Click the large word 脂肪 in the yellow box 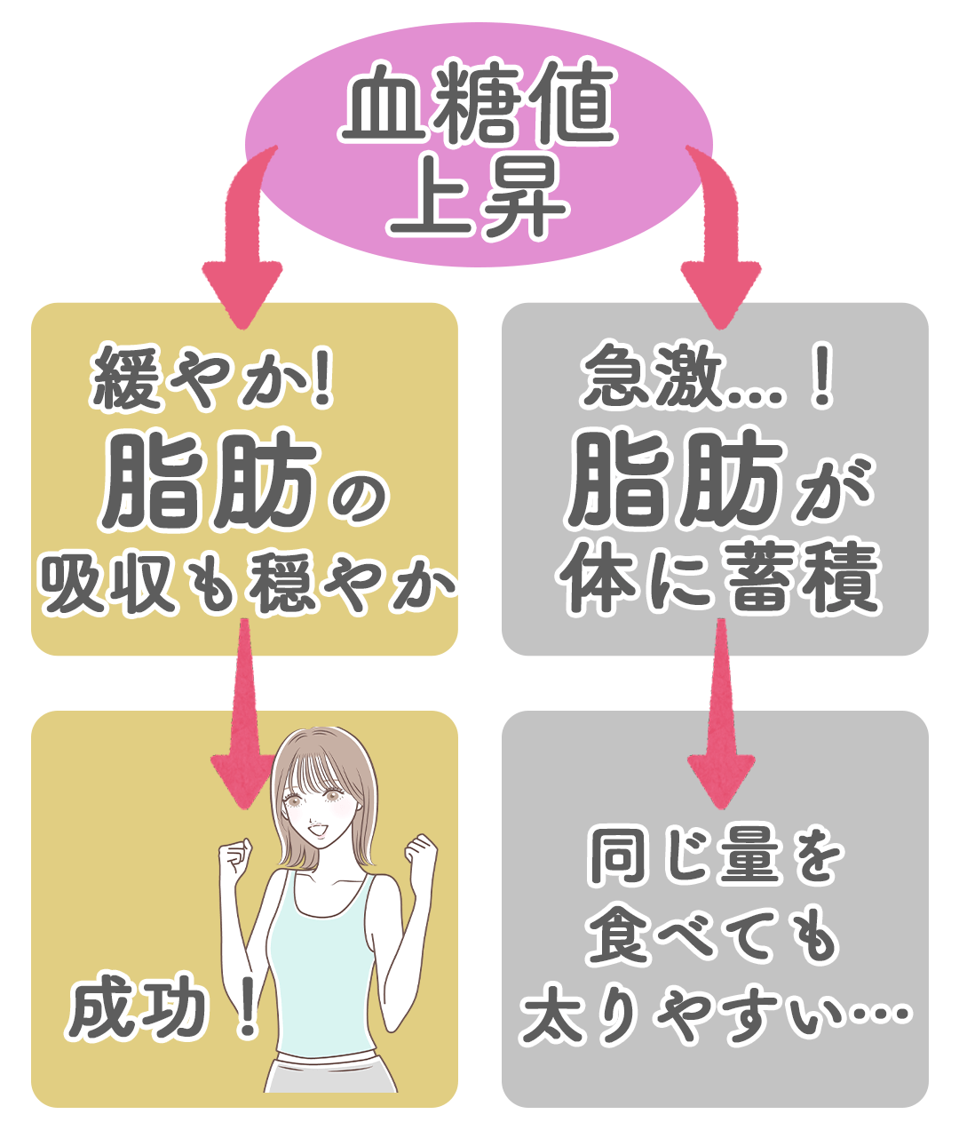point(210,484)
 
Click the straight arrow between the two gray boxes point(721,720)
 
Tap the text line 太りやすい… point(716,1014)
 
